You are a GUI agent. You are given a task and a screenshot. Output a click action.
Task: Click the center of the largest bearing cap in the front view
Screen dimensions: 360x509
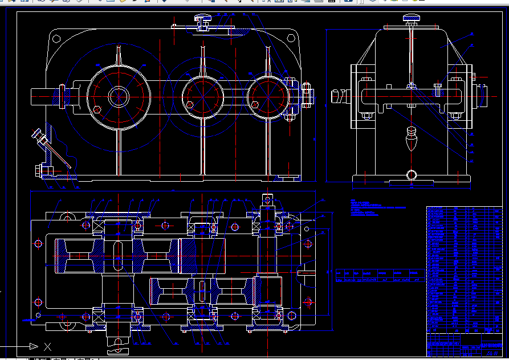(x=118, y=96)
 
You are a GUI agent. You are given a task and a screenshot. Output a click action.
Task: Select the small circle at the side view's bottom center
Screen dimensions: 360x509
(x=411, y=175)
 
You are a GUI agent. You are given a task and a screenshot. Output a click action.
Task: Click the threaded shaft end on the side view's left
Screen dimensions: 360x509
(x=340, y=96)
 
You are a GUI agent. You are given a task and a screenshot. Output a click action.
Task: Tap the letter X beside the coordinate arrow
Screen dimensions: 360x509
(x=47, y=346)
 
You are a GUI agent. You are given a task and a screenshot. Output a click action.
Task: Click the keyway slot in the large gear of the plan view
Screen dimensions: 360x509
(x=117, y=256)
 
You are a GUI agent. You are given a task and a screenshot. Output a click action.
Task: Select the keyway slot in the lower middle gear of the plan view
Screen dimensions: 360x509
(x=201, y=289)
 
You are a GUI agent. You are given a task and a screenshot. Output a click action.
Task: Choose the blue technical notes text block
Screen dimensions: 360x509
(x=370, y=208)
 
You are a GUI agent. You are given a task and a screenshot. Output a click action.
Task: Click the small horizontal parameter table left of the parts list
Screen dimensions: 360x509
(x=380, y=276)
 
